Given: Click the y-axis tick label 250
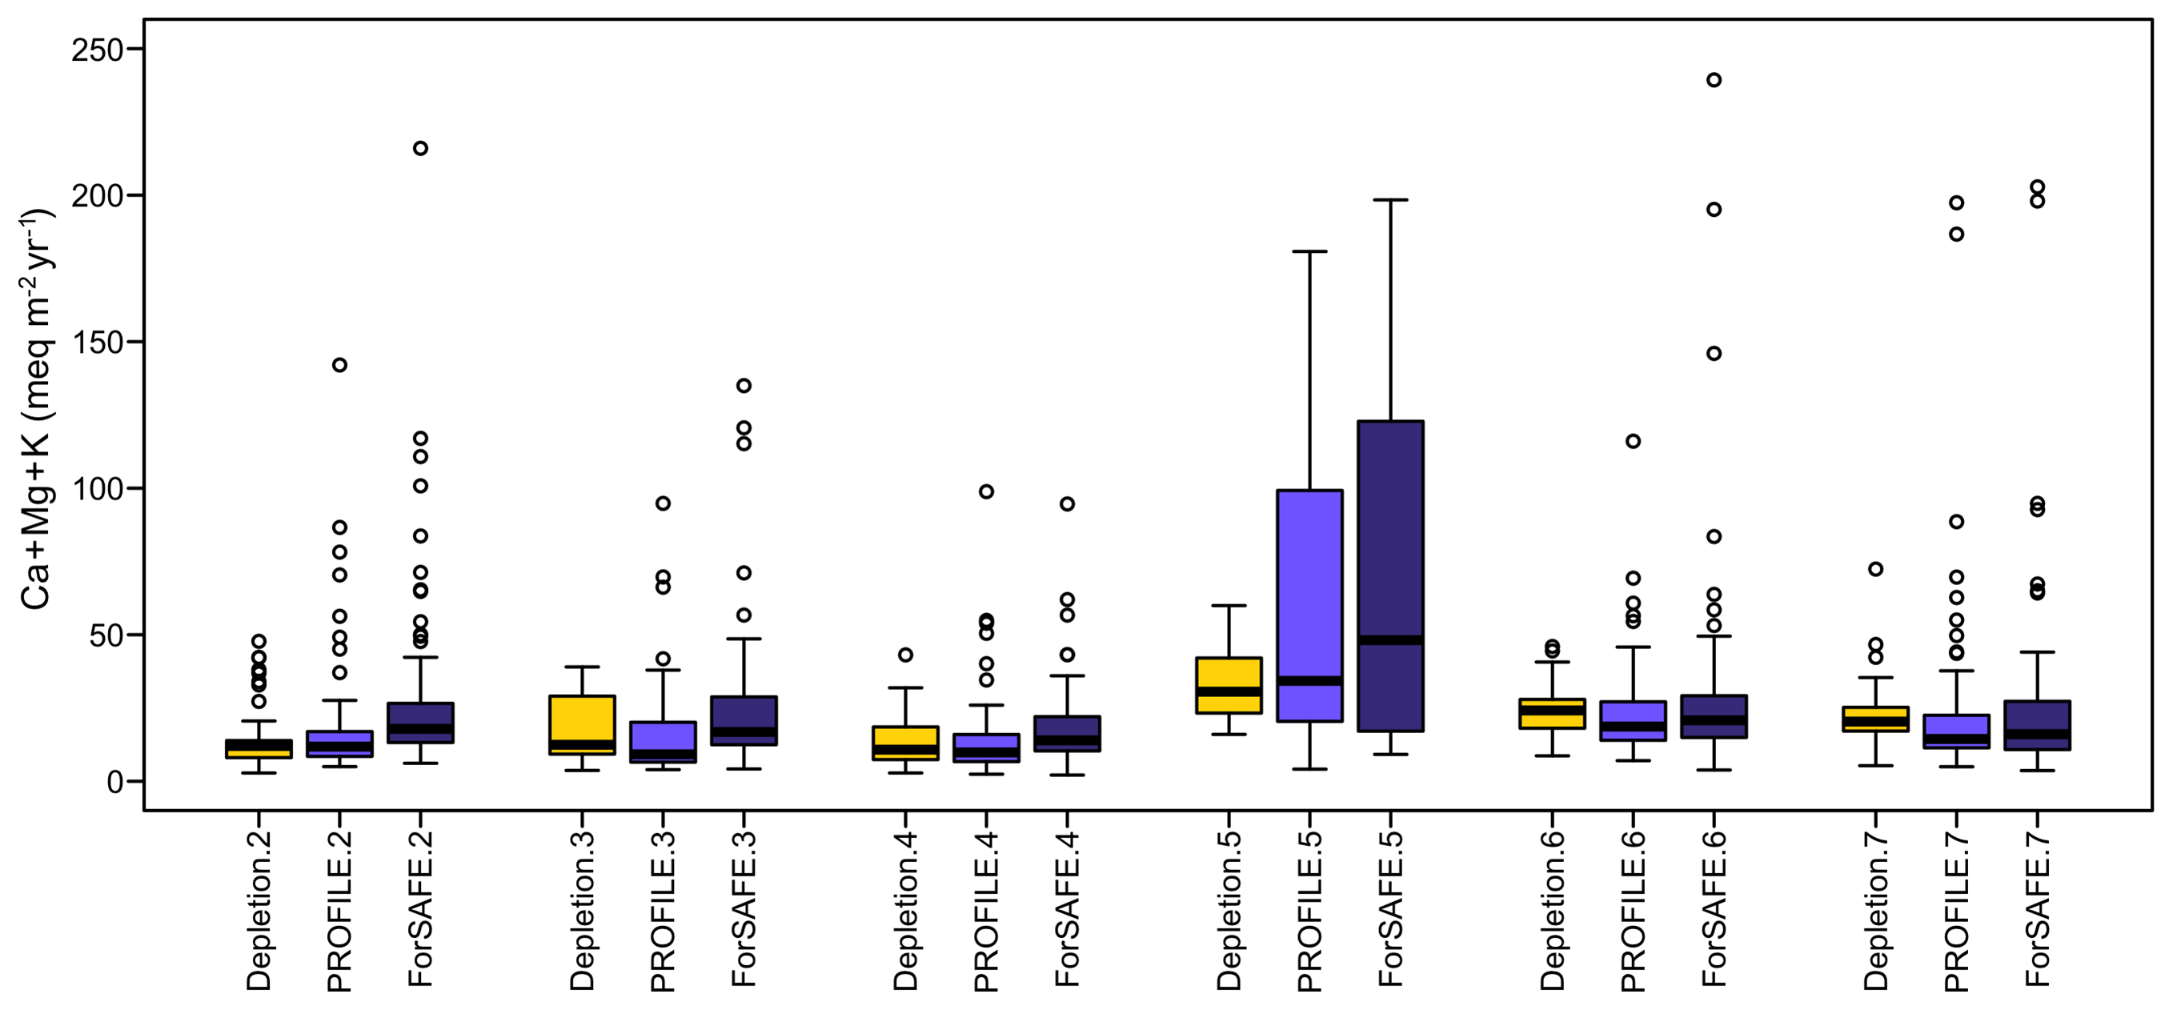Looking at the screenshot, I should [97, 50].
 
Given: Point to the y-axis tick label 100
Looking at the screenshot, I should [97, 488].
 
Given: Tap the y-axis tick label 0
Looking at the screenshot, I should [114, 782].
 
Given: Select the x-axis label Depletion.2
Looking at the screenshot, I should [259, 911].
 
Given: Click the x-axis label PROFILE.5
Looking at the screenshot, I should [1310, 911].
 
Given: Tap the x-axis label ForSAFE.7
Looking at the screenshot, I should [2037, 908].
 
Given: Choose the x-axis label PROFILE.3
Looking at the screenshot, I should [663, 911].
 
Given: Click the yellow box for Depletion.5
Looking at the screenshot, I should [1229, 685].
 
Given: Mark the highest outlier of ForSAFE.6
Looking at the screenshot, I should [1714, 80].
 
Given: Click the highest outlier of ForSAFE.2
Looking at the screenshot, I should [420, 149].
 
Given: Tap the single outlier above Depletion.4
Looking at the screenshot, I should [905, 655].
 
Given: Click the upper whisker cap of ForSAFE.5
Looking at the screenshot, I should [1390, 200].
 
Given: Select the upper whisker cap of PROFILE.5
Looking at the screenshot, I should [1310, 251].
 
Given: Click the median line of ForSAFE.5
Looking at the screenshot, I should [1390, 639].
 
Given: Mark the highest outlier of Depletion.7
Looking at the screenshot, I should [1875, 570].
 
